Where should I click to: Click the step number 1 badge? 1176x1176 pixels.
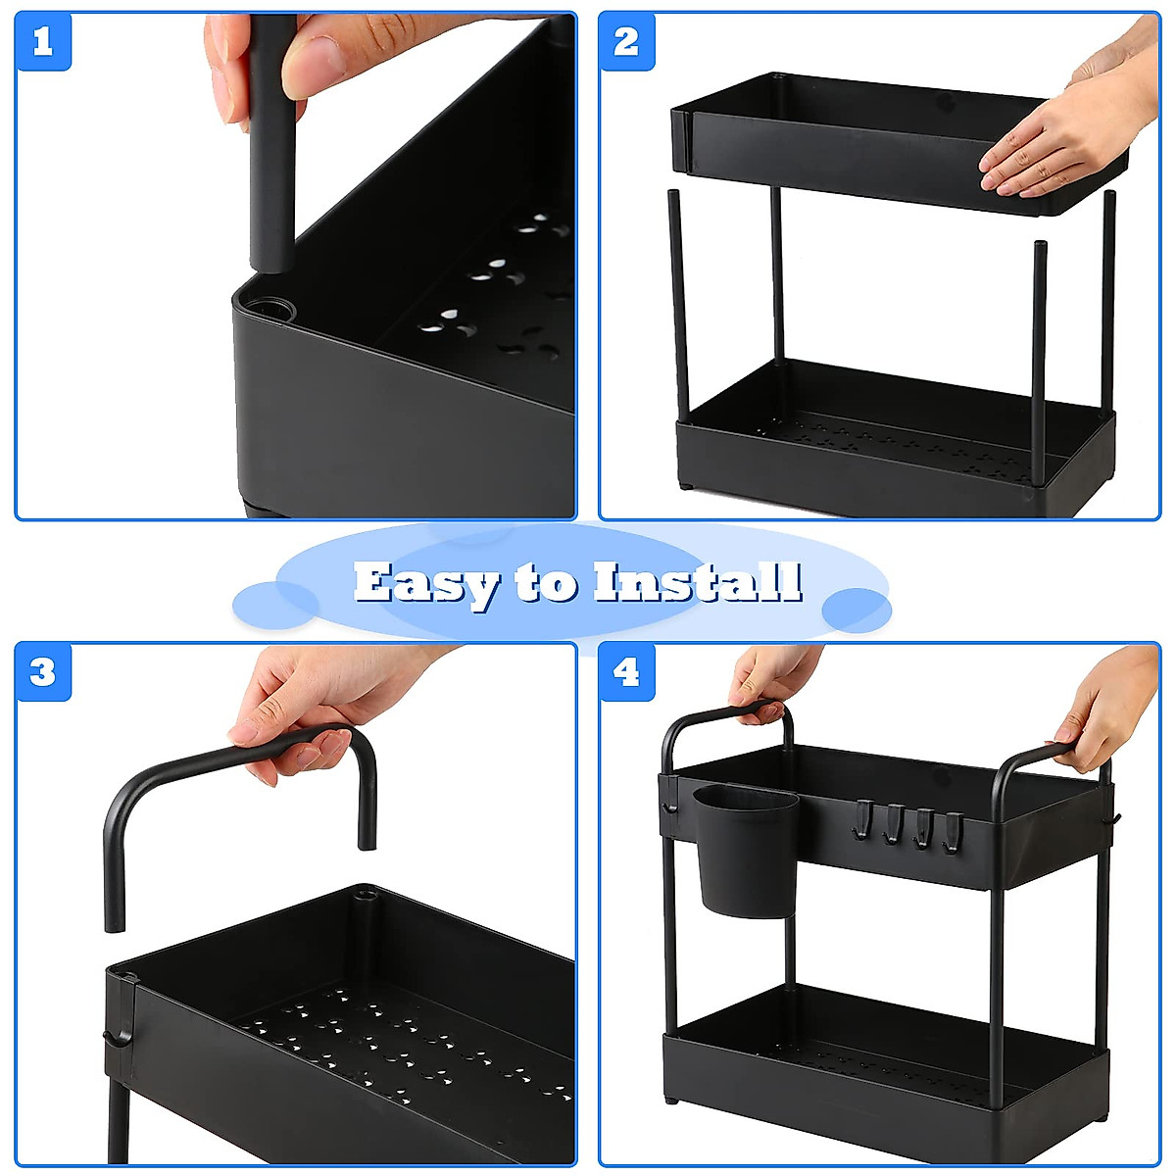coord(43,42)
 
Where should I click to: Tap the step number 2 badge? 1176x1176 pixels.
coord(627,42)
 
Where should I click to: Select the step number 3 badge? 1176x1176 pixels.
coord(43,672)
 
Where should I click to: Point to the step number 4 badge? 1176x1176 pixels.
coord(627,672)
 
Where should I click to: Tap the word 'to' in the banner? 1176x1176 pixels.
coord(545,584)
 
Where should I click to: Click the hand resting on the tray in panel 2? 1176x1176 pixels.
coord(1049,147)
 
